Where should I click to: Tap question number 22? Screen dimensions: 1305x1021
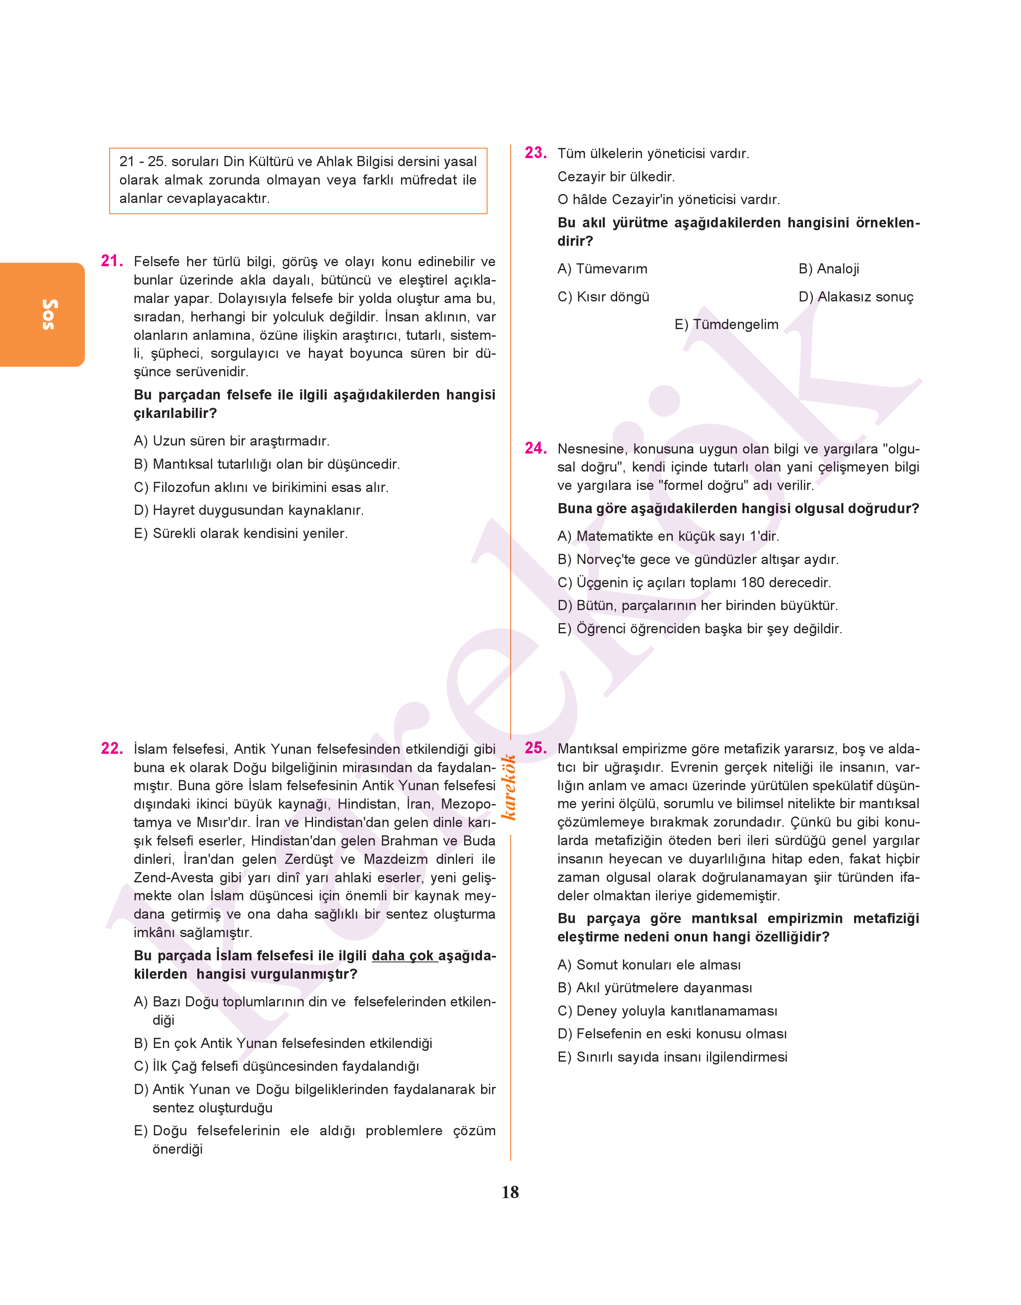(112, 749)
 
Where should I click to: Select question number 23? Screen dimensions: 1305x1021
(535, 153)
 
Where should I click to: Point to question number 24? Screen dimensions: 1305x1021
(535, 448)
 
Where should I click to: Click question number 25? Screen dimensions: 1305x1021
(535, 748)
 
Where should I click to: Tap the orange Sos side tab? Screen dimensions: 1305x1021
(42, 315)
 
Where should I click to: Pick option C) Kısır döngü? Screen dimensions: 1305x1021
(603, 297)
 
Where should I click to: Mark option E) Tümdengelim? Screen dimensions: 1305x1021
(726, 325)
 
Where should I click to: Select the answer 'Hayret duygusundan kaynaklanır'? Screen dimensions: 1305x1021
(249, 510)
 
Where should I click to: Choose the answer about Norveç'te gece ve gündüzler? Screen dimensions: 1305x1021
(698, 560)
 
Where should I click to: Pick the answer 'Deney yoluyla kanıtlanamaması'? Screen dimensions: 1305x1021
(667, 1011)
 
